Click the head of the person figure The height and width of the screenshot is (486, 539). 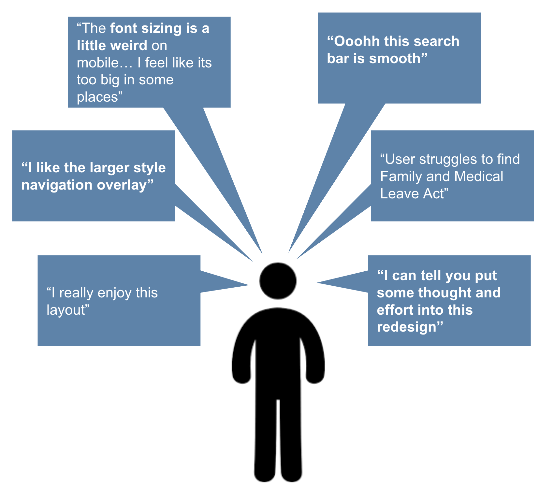tap(278, 280)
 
